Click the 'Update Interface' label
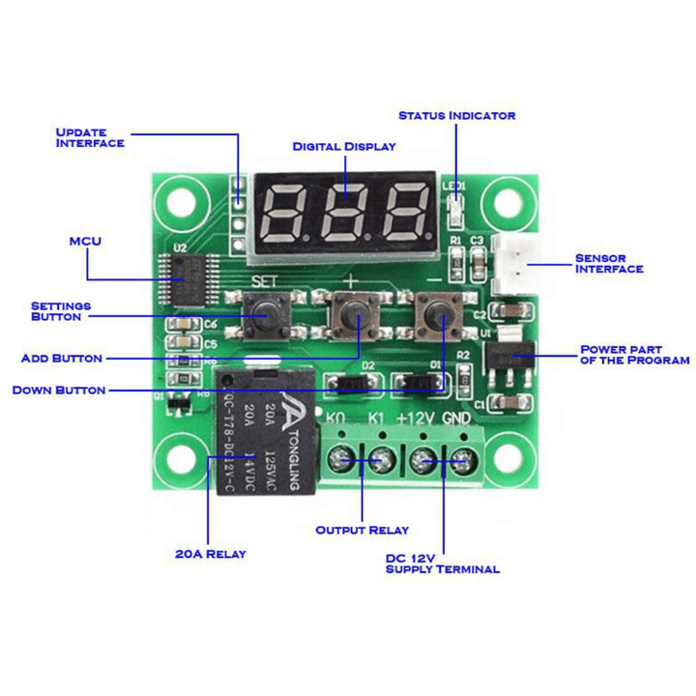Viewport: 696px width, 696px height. (x=89, y=137)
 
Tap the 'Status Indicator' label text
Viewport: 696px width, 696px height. (x=456, y=115)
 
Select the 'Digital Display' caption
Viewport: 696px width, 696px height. (x=344, y=147)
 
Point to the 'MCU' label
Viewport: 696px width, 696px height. (x=85, y=241)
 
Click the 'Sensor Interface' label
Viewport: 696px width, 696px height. (x=608, y=263)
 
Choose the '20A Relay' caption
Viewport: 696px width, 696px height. (x=210, y=554)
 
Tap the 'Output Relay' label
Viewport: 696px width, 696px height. (x=362, y=530)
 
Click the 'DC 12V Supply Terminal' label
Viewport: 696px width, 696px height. (x=442, y=564)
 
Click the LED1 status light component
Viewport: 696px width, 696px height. (x=455, y=207)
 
